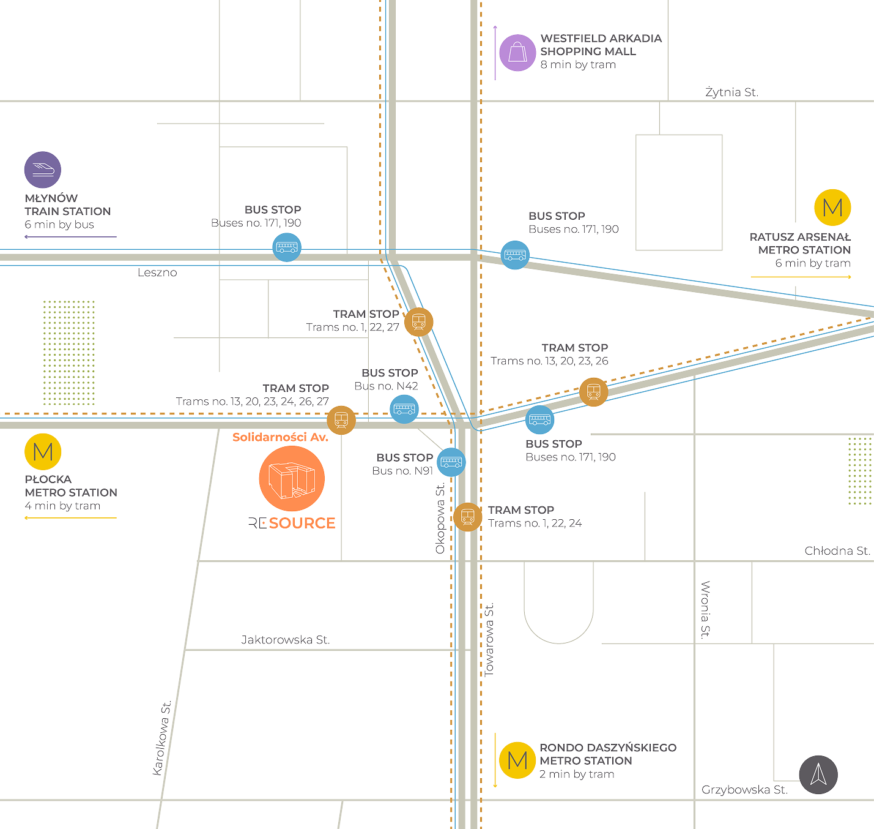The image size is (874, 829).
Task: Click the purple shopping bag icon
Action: pos(517,53)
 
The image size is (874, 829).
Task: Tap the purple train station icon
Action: pos(43,170)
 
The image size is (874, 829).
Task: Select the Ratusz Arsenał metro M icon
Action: pos(832,208)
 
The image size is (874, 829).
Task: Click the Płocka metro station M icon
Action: pos(43,452)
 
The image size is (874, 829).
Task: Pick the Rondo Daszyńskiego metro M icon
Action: pos(517,760)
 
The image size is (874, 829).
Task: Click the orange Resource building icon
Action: pos(292,478)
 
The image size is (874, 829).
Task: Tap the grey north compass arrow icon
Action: pos(818,775)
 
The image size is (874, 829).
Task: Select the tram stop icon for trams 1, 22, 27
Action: pos(419,321)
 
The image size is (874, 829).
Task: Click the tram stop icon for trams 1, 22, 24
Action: pos(468,517)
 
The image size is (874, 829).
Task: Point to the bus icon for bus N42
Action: pos(404,409)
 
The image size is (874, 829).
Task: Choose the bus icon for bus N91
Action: pos(451,462)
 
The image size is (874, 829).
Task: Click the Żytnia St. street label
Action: pos(731,92)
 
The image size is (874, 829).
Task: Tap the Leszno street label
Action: pos(157,272)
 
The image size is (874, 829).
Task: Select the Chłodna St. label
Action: pos(837,550)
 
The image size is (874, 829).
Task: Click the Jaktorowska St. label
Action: pos(285,640)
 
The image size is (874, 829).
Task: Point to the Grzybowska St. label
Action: pos(744,790)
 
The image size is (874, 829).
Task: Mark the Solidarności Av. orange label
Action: pos(280,437)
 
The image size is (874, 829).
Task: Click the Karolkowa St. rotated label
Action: pos(161,738)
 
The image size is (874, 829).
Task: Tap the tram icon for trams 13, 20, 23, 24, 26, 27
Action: pos(341,420)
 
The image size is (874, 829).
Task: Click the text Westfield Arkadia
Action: pos(601,39)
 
